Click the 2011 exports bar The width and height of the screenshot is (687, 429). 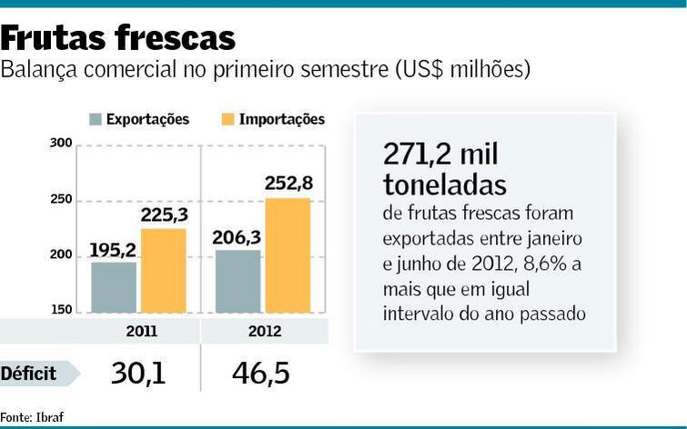(114, 287)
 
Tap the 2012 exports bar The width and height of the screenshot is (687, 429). (237, 281)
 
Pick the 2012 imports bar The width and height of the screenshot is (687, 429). (288, 255)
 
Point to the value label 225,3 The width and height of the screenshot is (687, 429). (164, 215)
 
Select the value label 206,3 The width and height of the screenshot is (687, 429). (237, 238)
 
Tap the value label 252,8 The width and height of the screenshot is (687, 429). (288, 184)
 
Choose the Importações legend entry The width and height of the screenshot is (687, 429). (273, 119)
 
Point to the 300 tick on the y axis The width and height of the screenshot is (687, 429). (61, 144)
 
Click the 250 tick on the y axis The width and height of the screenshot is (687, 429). (61, 200)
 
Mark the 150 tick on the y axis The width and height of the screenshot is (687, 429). (61, 311)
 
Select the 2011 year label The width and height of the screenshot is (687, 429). (139, 331)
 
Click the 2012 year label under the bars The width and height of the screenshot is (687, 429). (264, 331)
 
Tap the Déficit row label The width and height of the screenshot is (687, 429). (29, 373)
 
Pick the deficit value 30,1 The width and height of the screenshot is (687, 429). (139, 373)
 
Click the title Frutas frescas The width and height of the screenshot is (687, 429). (118, 37)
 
